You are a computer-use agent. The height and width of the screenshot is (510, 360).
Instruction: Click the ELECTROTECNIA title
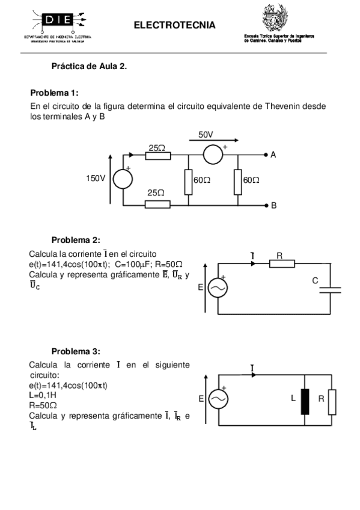point(174,25)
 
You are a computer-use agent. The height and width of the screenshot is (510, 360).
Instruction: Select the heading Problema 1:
point(54,93)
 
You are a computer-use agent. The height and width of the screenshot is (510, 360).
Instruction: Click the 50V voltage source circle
point(213,155)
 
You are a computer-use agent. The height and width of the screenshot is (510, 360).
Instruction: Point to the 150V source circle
point(124,179)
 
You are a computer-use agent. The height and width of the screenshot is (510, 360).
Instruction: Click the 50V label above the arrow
point(206,135)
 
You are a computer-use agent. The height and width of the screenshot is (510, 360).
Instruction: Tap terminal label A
point(273,155)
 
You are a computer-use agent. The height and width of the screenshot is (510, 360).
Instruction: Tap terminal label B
point(273,205)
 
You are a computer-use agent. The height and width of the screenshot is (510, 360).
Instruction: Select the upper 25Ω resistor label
point(157,147)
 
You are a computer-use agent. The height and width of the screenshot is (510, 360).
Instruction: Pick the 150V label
point(96,179)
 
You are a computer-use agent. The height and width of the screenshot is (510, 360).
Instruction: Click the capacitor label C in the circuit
point(315,280)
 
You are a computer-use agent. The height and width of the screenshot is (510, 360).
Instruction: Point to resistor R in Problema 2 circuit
point(282,263)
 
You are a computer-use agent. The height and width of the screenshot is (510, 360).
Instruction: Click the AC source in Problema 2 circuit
point(217,289)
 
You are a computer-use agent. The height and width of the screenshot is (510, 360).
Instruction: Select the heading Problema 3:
point(76,351)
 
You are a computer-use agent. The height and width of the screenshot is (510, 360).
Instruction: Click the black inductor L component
point(305,399)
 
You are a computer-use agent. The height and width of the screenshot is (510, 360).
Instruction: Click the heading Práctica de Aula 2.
point(89,66)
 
